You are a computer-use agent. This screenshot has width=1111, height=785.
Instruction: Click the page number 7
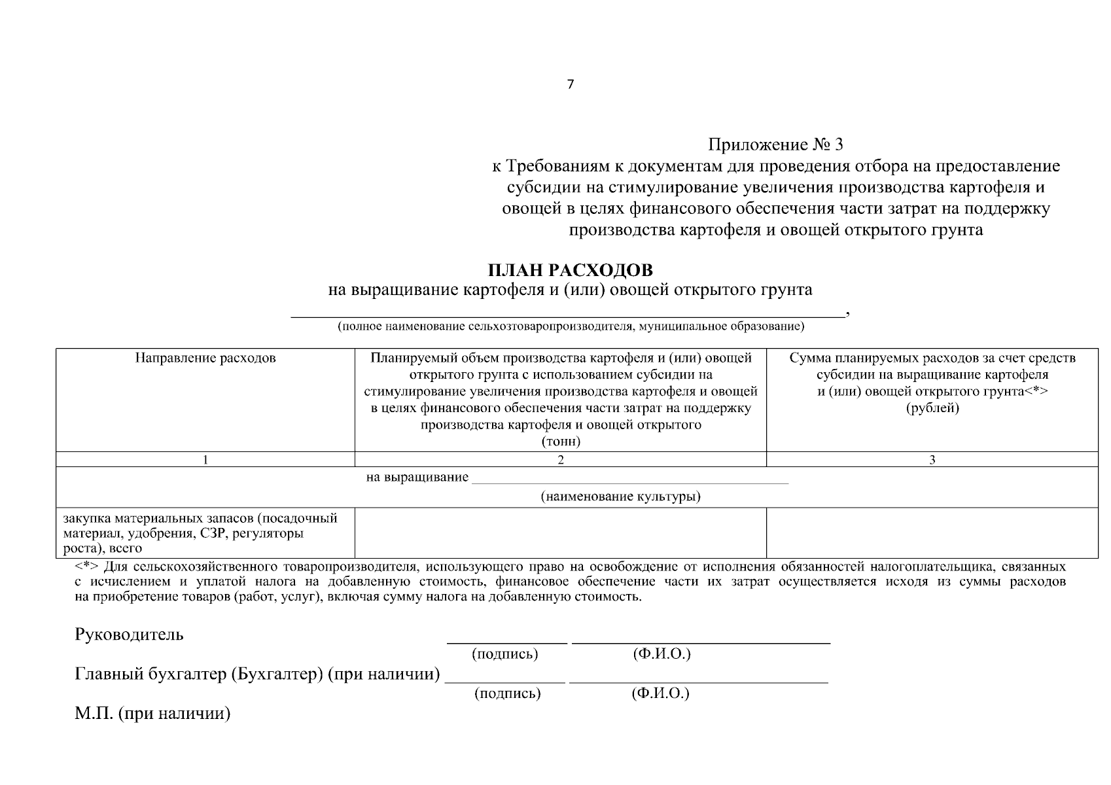570,84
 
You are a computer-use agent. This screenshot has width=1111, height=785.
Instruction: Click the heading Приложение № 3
776,144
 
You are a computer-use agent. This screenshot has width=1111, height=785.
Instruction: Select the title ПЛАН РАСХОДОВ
570,270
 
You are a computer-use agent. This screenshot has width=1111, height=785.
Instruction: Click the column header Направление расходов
205,358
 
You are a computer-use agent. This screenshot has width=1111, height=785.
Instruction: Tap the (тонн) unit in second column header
561,442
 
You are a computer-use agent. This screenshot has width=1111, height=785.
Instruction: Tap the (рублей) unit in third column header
932,408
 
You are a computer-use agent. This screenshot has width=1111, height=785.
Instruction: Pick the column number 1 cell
205,460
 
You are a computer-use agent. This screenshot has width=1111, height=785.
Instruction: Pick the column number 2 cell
561,460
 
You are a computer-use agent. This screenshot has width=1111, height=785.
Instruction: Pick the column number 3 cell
932,460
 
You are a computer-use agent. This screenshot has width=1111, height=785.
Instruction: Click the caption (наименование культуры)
620,497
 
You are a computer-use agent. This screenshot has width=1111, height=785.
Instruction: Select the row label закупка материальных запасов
200,533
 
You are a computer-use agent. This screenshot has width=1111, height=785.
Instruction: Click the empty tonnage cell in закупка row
560,533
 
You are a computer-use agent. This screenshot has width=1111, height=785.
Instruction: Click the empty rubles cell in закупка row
932,533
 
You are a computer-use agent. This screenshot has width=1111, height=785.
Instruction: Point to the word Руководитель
130,635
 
